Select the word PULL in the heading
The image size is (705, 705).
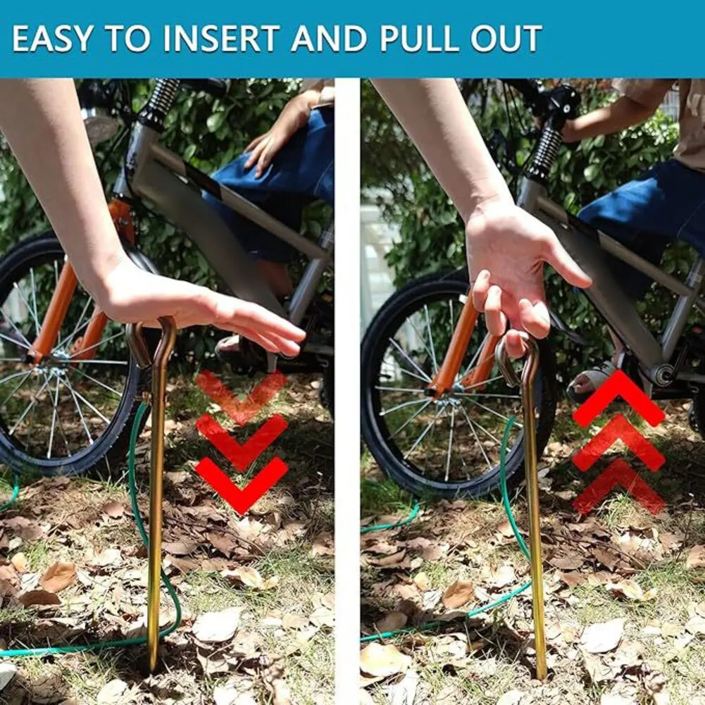point(419,39)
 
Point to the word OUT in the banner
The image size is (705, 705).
point(506,39)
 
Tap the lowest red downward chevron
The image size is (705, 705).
point(242,482)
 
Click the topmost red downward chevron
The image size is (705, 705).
point(242,394)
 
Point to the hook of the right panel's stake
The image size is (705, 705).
point(518,359)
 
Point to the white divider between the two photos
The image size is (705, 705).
point(347,387)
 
